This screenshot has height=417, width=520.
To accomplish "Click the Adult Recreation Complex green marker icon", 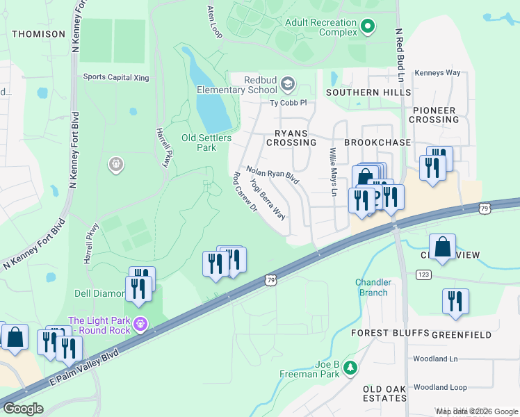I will pyautogui.click(x=368, y=28).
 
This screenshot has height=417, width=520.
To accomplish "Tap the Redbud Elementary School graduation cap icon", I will pyautogui.click(x=287, y=85).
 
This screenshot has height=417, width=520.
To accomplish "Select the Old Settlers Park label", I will pyautogui.click(x=206, y=142).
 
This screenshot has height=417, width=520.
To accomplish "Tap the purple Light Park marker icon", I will pyautogui.click(x=141, y=324).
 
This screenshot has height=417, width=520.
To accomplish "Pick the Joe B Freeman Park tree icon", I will pyautogui.click(x=351, y=368).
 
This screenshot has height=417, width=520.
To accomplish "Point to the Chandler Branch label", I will pyautogui.click(x=373, y=288).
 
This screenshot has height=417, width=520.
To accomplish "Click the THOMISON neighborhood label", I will pyautogui.click(x=39, y=34).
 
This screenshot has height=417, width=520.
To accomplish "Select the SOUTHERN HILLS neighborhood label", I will pyautogui.click(x=368, y=92).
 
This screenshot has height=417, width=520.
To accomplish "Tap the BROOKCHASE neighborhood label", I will pyautogui.click(x=378, y=142).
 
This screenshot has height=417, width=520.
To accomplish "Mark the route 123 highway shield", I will pyautogui.click(x=423, y=275).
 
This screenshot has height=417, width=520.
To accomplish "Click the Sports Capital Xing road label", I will pyautogui.click(x=116, y=78).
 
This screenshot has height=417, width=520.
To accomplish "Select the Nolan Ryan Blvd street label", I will pyautogui.click(x=272, y=175).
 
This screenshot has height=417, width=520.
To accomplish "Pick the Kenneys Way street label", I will pyautogui.click(x=437, y=73).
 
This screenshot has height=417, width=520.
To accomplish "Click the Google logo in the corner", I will pyautogui.click(x=23, y=409).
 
